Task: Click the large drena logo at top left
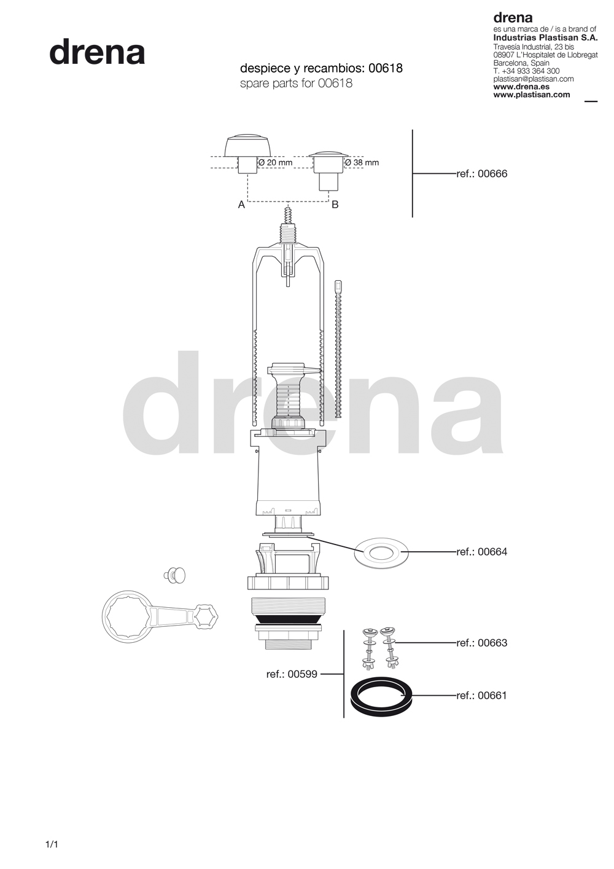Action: pyautogui.click(x=97, y=52)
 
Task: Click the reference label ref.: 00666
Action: pyautogui.click(x=481, y=173)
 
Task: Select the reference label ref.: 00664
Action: pyautogui.click(x=481, y=552)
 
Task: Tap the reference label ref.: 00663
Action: pyautogui.click(x=481, y=643)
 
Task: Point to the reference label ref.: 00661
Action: pyautogui.click(x=481, y=695)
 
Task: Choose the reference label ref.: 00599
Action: pyautogui.click(x=292, y=674)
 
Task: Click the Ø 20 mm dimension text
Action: pyautogui.click(x=276, y=162)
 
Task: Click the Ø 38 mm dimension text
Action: pyautogui.click(x=362, y=162)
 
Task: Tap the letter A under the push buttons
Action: pyautogui.click(x=241, y=205)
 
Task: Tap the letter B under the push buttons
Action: pyautogui.click(x=335, y=204)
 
